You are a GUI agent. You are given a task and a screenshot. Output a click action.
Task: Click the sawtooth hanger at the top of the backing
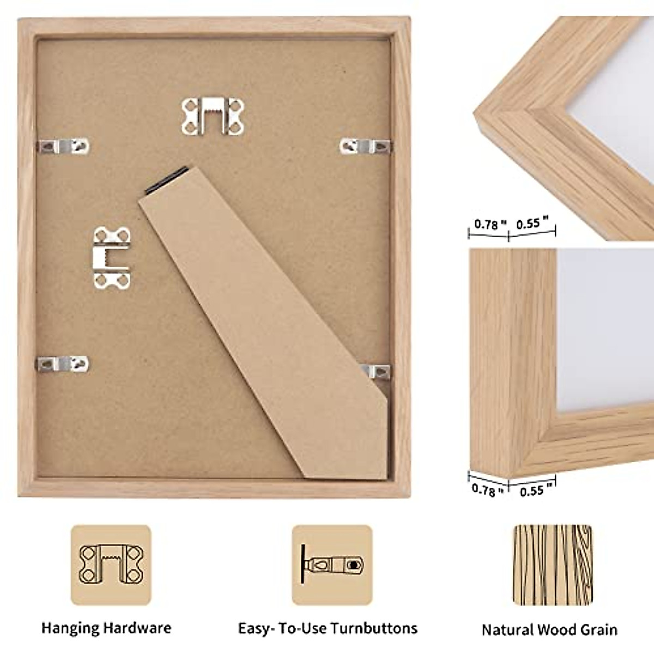coord(213,116)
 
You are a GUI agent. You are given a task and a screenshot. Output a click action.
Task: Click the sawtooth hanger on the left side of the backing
coord(111,257)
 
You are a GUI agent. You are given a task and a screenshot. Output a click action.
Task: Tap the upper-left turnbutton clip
coord(63,146)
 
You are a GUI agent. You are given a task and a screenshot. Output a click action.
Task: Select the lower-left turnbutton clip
coord(62,364)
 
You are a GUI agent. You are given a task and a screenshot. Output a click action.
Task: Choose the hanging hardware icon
coord(111,565)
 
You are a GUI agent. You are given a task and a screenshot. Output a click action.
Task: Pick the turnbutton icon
coord(332,565)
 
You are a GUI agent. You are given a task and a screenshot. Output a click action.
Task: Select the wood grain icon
coord(553,565)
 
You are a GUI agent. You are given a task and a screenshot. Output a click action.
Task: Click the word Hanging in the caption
coord(70,628)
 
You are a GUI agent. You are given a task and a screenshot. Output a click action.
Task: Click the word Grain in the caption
coord(596,630)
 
